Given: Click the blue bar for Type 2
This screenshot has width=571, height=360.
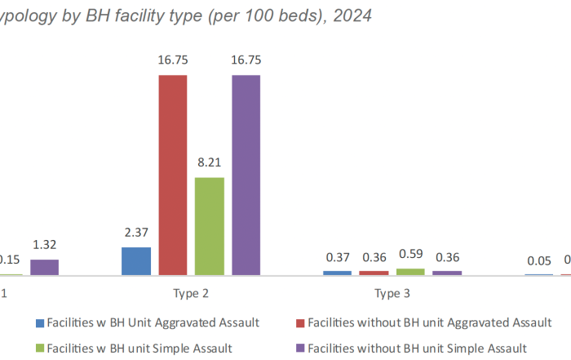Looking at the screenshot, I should point(136,261).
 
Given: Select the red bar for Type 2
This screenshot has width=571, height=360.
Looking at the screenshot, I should point(173,176).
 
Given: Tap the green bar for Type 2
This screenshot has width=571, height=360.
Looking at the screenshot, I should point(210,226).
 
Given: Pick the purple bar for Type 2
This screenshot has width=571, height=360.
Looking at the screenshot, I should point(246,176).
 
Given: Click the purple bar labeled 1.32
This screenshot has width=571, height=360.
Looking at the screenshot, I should point(45,267).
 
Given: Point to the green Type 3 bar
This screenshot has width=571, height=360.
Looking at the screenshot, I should point(410,272).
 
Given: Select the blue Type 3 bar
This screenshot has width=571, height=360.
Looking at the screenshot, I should point(338,273).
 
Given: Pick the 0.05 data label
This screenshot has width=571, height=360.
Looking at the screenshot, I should point(538,261).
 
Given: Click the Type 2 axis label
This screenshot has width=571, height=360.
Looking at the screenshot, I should point(191,293).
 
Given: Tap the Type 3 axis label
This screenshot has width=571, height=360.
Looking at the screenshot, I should point(392,293).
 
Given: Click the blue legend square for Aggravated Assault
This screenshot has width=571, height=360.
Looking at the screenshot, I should point(40,323).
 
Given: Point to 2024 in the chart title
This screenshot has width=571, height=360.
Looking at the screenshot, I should point(352,16).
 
